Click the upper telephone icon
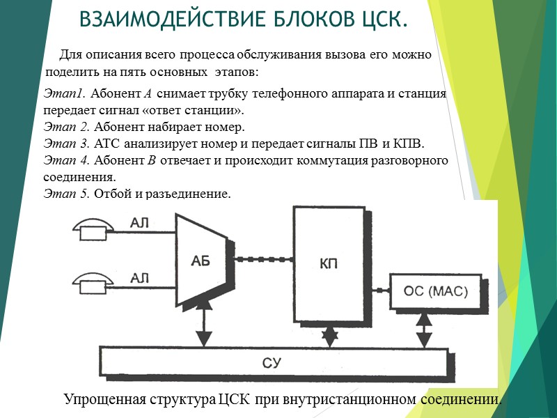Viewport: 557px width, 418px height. click(93, 227)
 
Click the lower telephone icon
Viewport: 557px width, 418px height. click(93, 281)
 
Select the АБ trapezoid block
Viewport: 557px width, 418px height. click(200, 260)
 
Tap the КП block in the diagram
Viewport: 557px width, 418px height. click(329, 263)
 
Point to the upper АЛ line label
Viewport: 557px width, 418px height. click(141, 223)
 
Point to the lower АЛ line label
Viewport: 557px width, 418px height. click(141, 278)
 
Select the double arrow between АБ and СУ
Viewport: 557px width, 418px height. click(203, 326)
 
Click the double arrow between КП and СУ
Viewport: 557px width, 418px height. click(329, 336)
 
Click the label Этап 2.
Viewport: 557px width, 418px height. click(67, 127)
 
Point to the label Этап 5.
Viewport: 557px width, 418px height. click(67, 193)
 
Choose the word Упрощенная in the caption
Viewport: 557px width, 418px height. click(104, 399)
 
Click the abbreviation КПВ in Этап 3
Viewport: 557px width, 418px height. click(407, 144)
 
